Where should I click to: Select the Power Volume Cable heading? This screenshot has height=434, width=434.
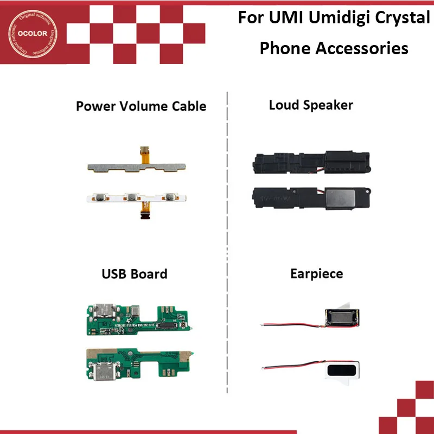tap(141, 105)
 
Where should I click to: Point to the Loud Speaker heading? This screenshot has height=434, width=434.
tap(311, 105)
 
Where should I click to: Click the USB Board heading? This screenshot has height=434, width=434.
tap(135, 273)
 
